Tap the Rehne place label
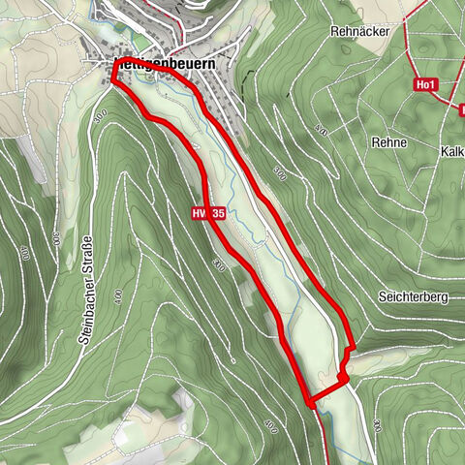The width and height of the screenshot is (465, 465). (x=387, y=142)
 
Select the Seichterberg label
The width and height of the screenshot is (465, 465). (x=400, y=298)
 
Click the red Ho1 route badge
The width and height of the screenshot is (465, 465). (x=424, y=85)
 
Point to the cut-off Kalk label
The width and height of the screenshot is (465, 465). (x=451, y=152)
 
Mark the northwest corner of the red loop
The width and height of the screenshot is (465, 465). (x=113, y=80)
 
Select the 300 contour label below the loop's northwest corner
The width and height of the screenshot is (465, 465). (x=101, y=116)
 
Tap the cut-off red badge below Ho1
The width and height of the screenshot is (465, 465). (x=461, y=108)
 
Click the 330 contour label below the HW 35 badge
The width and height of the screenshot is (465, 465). (x=219, y=263)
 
